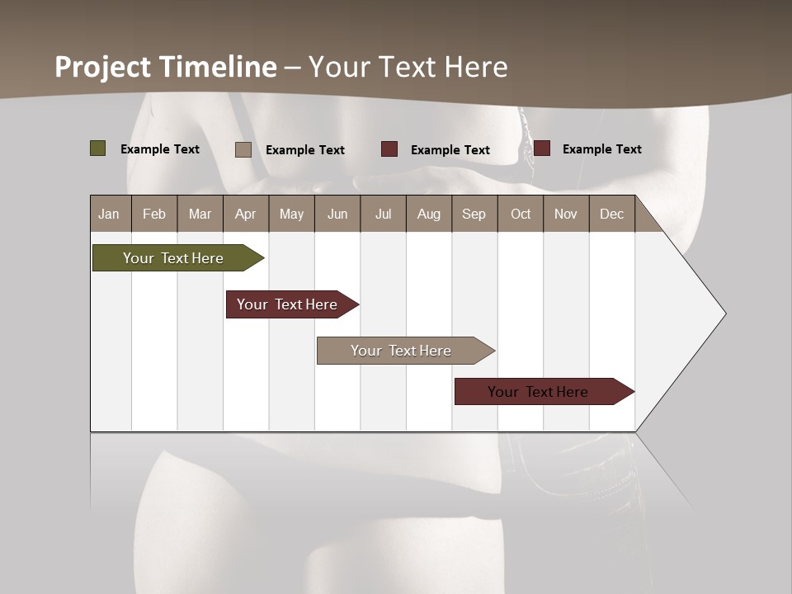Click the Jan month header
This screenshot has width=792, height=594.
click(x=109, y=214)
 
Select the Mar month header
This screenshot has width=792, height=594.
click(x=200, y=214)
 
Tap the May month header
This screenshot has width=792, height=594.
click(x=291, y=214)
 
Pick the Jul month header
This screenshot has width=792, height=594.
click(x=383, y=214)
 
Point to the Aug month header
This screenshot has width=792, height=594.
click(x=428, y=214)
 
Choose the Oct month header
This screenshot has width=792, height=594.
click(x=521, y=214)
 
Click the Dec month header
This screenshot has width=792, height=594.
click(x=611, y=214)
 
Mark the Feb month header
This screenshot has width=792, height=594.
click(x=154, y=214)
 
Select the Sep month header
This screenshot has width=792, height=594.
click(x=474, y=214)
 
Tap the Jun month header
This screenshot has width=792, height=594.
click(x=337, y=214)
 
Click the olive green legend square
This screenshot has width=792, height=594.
click(x=98, y=148)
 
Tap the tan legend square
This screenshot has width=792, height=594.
click(x=243, y=149)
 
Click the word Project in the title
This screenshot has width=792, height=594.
click(x=103, y=67)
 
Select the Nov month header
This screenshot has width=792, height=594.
click(x=566, y=214)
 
